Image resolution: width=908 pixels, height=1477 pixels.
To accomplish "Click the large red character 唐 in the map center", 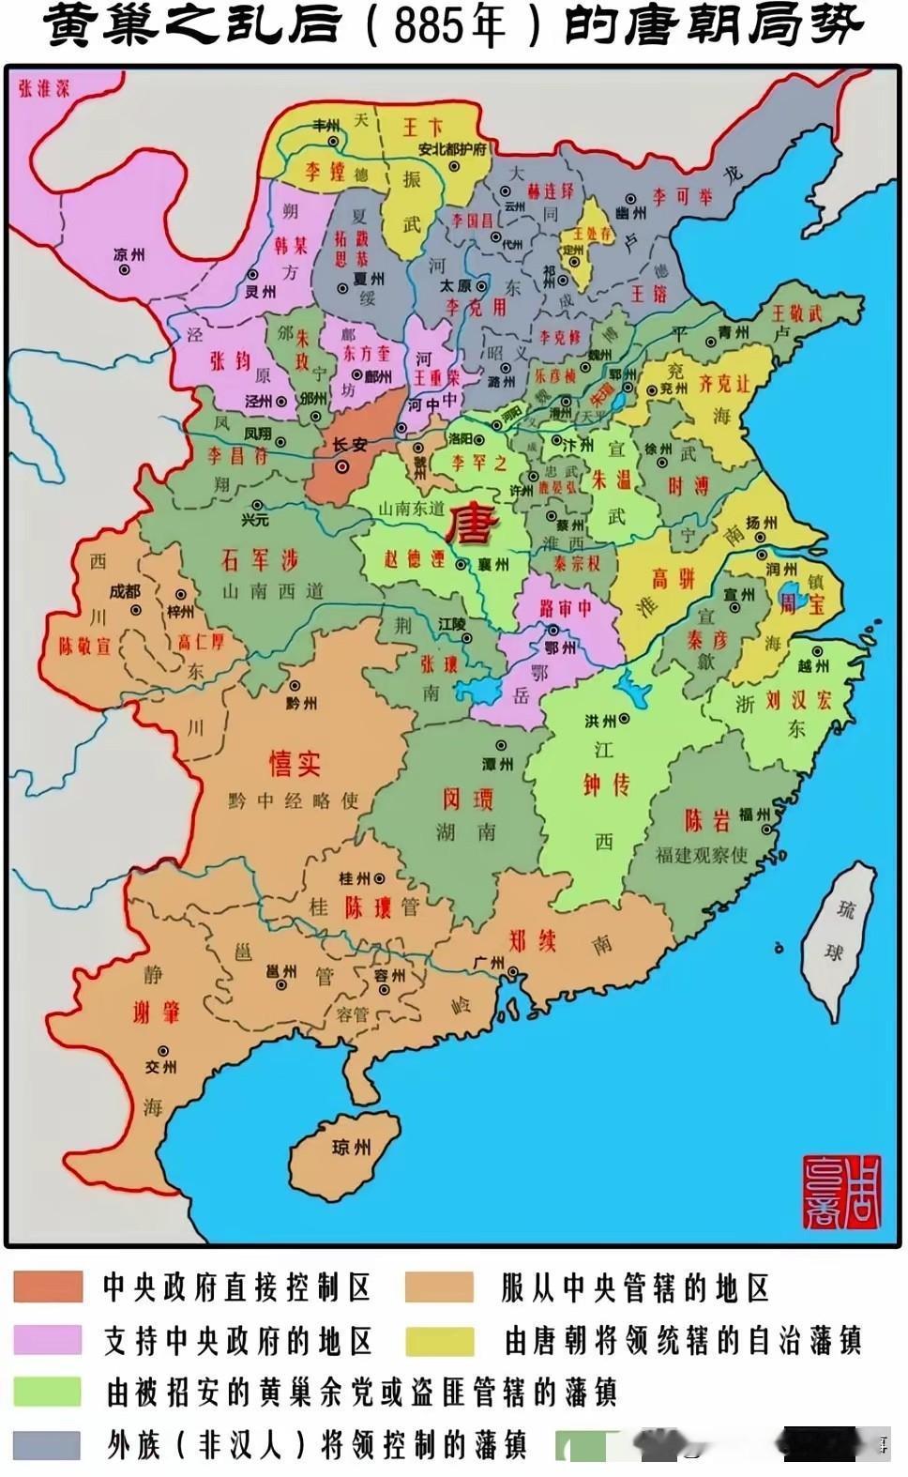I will [475, 525].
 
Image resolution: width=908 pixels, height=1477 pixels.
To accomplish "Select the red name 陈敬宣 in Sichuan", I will [84, 647].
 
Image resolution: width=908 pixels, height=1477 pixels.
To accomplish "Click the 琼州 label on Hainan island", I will [352, 1147].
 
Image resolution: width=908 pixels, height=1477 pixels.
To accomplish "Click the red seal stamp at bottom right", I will [843, 1192].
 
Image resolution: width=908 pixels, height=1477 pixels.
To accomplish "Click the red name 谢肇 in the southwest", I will [156, 1011].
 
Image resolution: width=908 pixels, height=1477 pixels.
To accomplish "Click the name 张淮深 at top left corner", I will [44, 89].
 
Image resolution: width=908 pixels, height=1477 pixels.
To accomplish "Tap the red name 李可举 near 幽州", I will [683, 197].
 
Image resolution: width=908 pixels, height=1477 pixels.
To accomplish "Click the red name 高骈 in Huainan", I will [673, 579].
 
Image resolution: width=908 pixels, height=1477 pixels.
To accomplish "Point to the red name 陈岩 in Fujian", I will [706, 819].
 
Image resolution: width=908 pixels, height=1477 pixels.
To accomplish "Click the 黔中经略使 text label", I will [293, 800].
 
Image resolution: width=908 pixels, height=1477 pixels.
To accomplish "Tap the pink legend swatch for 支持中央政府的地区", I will [47, 1339].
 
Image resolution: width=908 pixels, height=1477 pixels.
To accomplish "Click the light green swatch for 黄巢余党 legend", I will [47, 1392].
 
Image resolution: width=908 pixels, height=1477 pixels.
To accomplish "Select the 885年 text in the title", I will [448, 28].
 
